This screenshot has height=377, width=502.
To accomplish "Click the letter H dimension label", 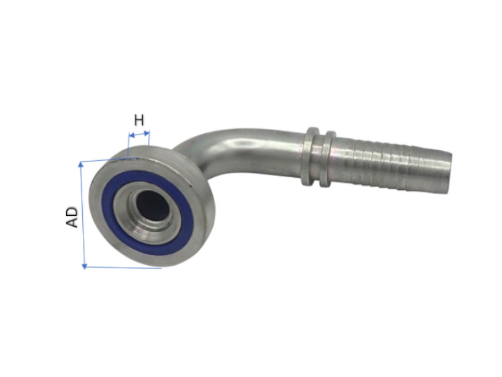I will (139, 119).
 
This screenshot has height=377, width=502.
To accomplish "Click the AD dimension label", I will (73, 216).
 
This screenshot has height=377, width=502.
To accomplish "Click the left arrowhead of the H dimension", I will (130, 134).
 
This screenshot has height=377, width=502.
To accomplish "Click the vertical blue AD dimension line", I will (82, 214).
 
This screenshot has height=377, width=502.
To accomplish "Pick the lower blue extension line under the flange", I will (122, 267).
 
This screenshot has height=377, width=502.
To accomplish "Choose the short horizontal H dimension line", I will (139, 134).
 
